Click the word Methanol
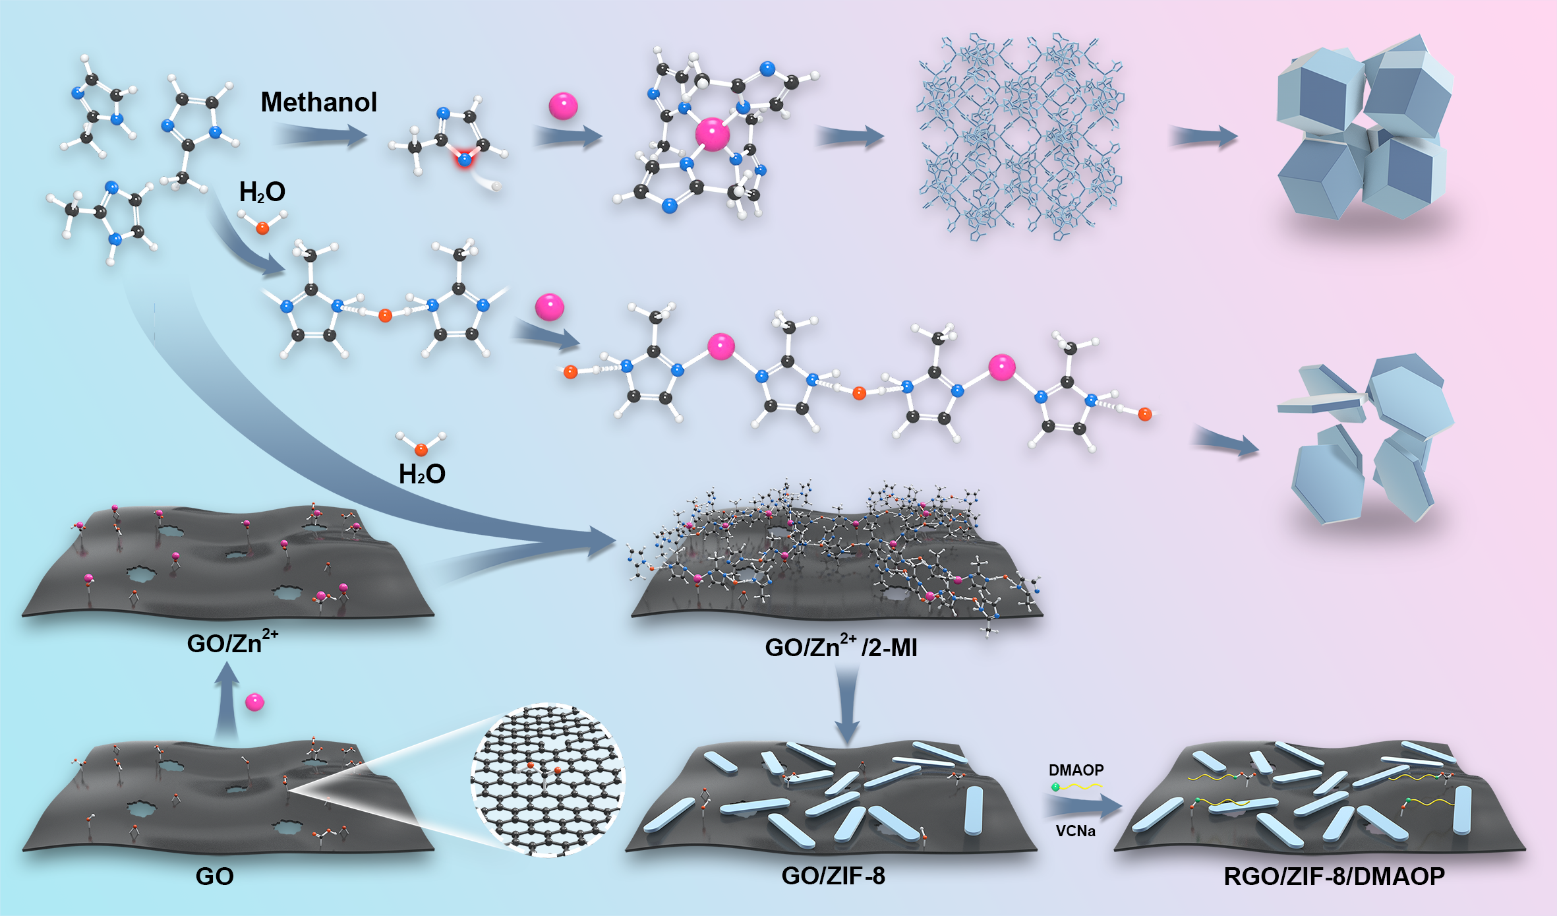pos(318,102)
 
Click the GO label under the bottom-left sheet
pos(214,876)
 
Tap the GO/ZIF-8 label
pos(833,876)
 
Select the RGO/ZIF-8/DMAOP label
pos(1334,876)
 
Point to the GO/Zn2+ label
pos(231,642)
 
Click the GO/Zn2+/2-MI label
pos(840,647)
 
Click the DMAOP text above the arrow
pos(1076,770)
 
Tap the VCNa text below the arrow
pos(1075,831)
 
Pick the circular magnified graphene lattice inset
pos(547,779)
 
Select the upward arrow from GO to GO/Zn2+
pos(227,702)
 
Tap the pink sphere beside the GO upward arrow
pos(254,702)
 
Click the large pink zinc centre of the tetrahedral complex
pos(713,134)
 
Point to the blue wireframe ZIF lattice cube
pos(1020,137)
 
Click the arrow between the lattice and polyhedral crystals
pos(1204,137)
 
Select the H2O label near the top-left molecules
pos(262,192)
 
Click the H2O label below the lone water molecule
pos(422,474)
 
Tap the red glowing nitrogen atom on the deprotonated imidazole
pos(465,159)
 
